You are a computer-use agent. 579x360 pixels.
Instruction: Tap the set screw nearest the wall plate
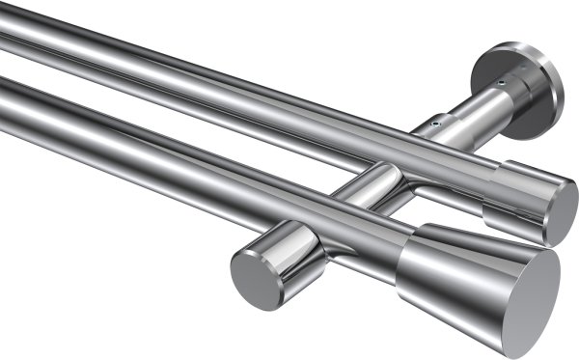[501, 86]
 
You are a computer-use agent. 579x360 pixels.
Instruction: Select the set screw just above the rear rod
[436, 124]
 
